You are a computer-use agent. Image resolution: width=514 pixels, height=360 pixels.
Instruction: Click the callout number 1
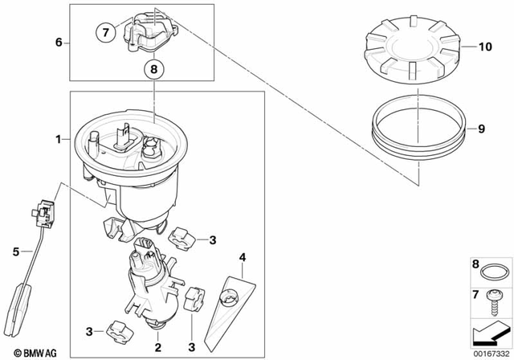(58, 140)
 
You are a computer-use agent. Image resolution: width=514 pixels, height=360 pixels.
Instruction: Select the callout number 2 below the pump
(159, 347)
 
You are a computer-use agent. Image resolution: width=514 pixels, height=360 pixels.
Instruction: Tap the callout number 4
(242, 258)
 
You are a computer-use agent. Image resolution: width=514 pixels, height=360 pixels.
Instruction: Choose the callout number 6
(57, 41)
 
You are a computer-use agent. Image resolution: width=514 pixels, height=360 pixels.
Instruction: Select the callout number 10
(484, 47)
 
